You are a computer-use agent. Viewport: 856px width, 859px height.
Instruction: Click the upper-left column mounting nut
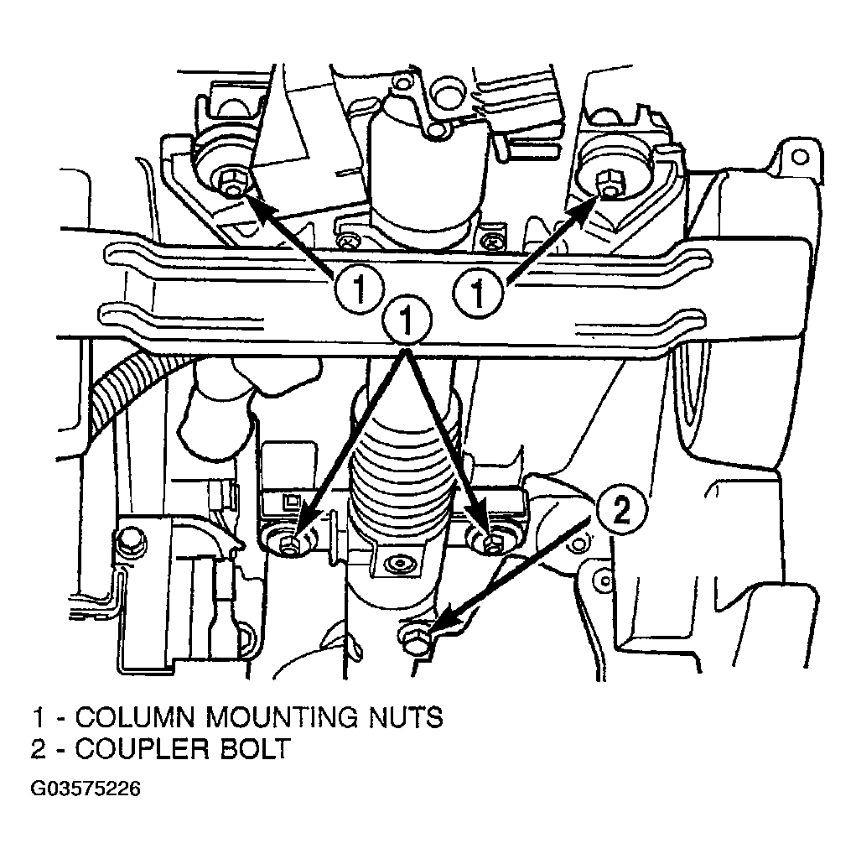click(x=232, y=181)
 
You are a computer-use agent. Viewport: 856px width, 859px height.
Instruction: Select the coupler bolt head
click(x=415, y=637)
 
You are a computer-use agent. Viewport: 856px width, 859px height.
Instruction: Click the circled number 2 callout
click(x=621, y=511)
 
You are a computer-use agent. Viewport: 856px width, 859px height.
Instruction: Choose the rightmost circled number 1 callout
click(x=478, y=292)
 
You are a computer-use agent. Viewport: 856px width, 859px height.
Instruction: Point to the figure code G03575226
click(x=86, y=789)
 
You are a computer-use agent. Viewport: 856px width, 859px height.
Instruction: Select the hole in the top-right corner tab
click(x=800, y=158)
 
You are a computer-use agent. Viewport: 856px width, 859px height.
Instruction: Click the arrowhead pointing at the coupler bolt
click(x=444, y=622)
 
